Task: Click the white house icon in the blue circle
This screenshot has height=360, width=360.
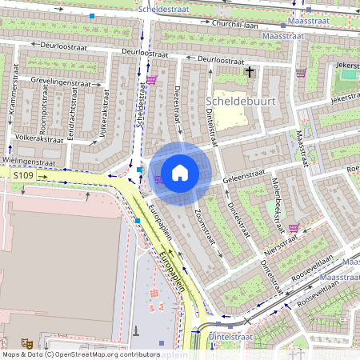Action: click(180, 172)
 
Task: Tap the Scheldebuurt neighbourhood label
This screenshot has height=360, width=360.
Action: click(236, 102)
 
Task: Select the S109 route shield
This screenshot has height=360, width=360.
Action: click(23, 174)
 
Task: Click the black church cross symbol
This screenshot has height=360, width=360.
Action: click(249, 72)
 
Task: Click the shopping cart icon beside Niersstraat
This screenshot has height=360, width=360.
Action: click(294, 227)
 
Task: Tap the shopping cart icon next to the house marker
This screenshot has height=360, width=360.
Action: click(158, 178)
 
